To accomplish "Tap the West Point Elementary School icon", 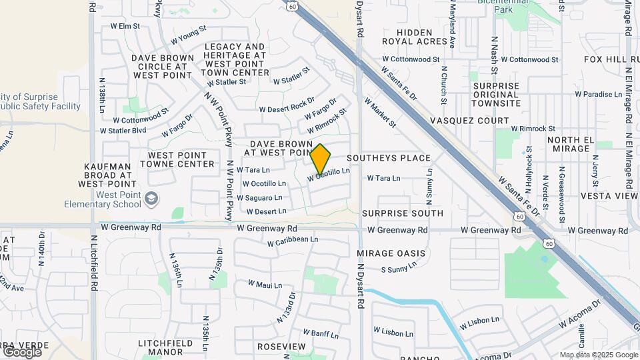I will (x=152, y=198).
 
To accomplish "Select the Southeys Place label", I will (x=397, y=158).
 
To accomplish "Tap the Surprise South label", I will (x=403, y=213).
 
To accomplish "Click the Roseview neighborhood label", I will (x=281, y=347).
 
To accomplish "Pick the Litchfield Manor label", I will (x=170, y=347).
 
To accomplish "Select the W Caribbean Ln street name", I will (x=293, y=240).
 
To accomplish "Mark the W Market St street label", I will (x=380, y=113).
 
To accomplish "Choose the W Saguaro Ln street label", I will (x=260, y=198).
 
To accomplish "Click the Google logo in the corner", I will (x=22, y=351).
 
